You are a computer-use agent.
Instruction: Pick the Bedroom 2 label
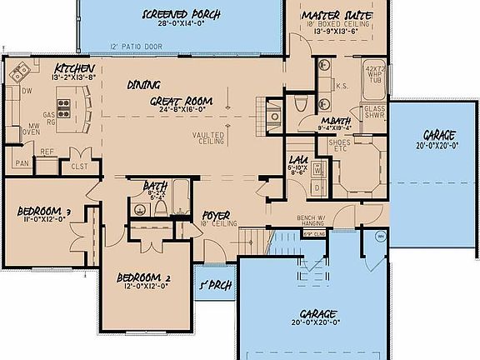click(143, 278)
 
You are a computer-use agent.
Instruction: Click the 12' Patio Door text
click(137, 48)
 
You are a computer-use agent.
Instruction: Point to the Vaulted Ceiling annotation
click(207, 137)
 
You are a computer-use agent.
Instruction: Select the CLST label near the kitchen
click(79, 166)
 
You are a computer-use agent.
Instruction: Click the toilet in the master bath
click(300, 103)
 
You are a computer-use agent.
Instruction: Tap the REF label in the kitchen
click(47, 152)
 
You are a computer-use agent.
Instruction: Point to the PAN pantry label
click(21, 163)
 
